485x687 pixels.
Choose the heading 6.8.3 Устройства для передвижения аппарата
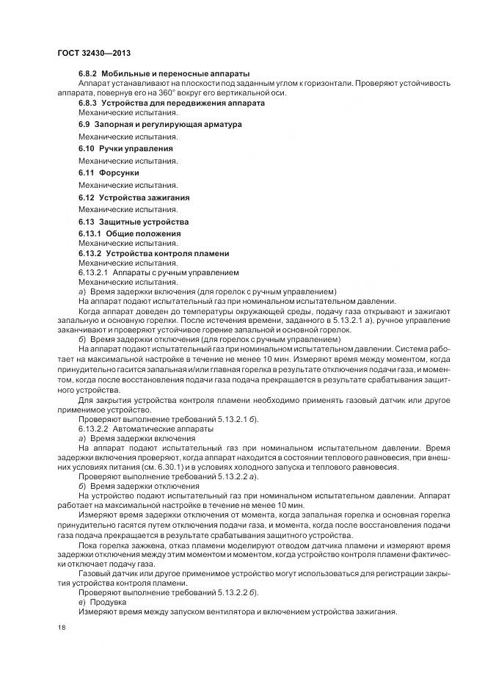[x=172, y=103]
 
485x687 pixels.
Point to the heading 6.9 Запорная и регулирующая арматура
[x=159, y=125]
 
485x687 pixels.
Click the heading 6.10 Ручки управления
[x=125, y=148]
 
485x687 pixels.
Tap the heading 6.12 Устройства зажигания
[x=134, y=197]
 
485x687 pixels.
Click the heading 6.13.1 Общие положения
[x=129, y=233]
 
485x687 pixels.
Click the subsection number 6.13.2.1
[x=93, y=272]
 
